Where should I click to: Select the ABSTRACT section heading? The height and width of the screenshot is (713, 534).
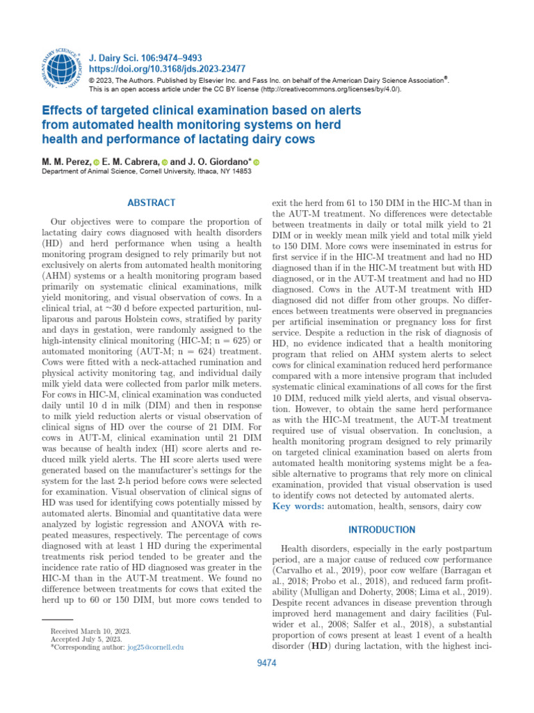pos(152,203)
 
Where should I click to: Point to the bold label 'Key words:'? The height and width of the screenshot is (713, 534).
pos(298,506)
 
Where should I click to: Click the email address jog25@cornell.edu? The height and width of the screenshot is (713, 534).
pos(154,647)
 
